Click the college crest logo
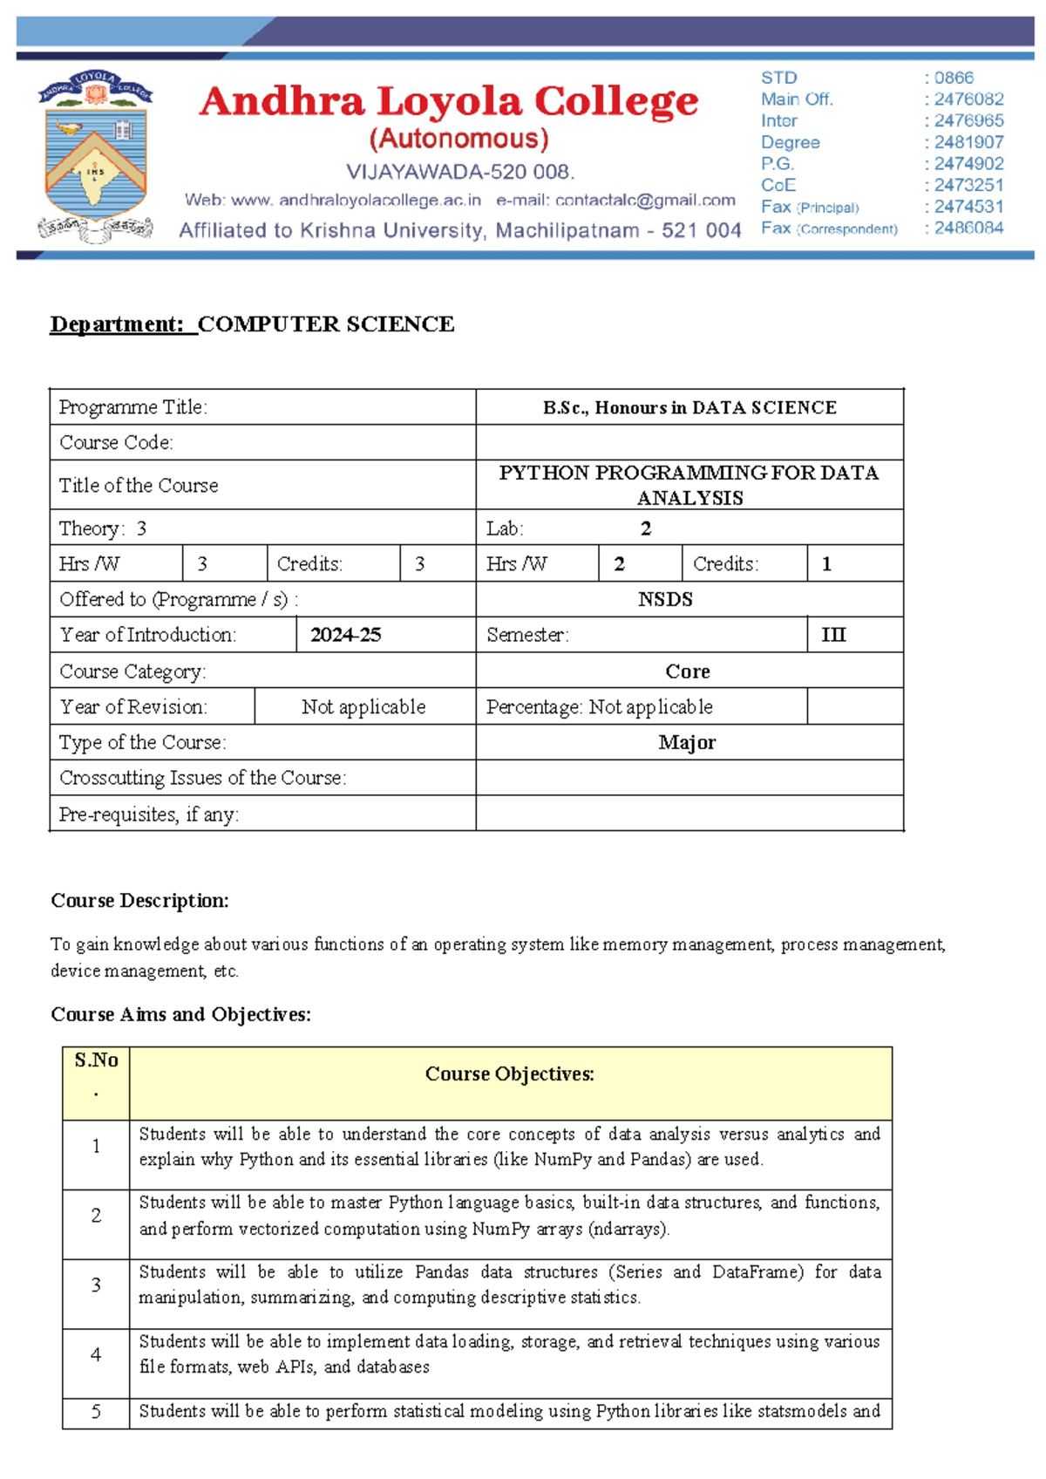pos(95,156)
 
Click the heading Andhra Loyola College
pos(448,102)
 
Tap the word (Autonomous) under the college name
pos(458,140)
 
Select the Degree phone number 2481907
pos(968,142)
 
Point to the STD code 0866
pos(954,78)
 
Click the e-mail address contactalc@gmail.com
pos(615,201)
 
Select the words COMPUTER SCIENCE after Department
pos(326,324)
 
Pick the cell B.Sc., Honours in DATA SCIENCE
pos(689,407)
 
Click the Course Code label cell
pos(116,443)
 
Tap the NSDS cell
pos(665,600)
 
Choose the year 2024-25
pos(345,635)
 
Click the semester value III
pos(833,635)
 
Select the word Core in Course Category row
pos(688,671)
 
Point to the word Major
pos(687,743)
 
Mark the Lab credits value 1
pos(826,564)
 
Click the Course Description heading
pos(139,901)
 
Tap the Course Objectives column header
pos(510,1074)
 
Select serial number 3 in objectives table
pos(96,1285)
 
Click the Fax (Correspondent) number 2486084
pos(968,228)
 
